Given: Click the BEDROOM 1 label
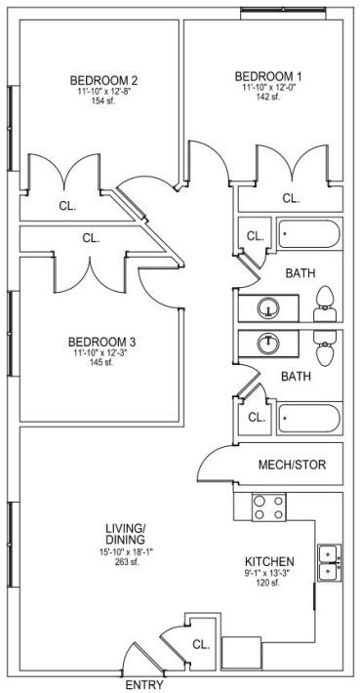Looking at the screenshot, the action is click(268, 75).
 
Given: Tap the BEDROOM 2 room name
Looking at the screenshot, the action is click(103, 81).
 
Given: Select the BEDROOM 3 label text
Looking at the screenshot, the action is click(102, 342).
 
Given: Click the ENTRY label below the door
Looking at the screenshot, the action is click(144, 685).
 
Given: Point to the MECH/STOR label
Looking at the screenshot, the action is click(293, 465).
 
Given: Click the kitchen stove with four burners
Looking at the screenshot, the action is click(269, 507).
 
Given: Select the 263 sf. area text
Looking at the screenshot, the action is click(126, 562).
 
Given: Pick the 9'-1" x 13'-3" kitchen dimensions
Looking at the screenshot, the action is click(269, 574).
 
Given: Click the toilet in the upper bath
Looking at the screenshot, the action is click(325, 304).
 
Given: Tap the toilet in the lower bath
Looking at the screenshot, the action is click(325, 348).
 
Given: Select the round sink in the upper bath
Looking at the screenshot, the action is click(268, 308).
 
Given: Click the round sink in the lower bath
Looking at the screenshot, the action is click(268, 344).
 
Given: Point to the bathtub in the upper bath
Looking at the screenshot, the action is click(309, 234).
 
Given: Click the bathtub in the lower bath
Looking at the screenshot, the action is click(309, 418).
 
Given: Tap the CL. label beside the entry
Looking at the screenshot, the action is click(201, 644).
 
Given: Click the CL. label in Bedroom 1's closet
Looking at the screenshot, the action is click(291, 198).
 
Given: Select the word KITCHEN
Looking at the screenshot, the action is click(269, 562).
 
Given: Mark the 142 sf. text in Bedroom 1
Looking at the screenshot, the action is click(268, 97).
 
